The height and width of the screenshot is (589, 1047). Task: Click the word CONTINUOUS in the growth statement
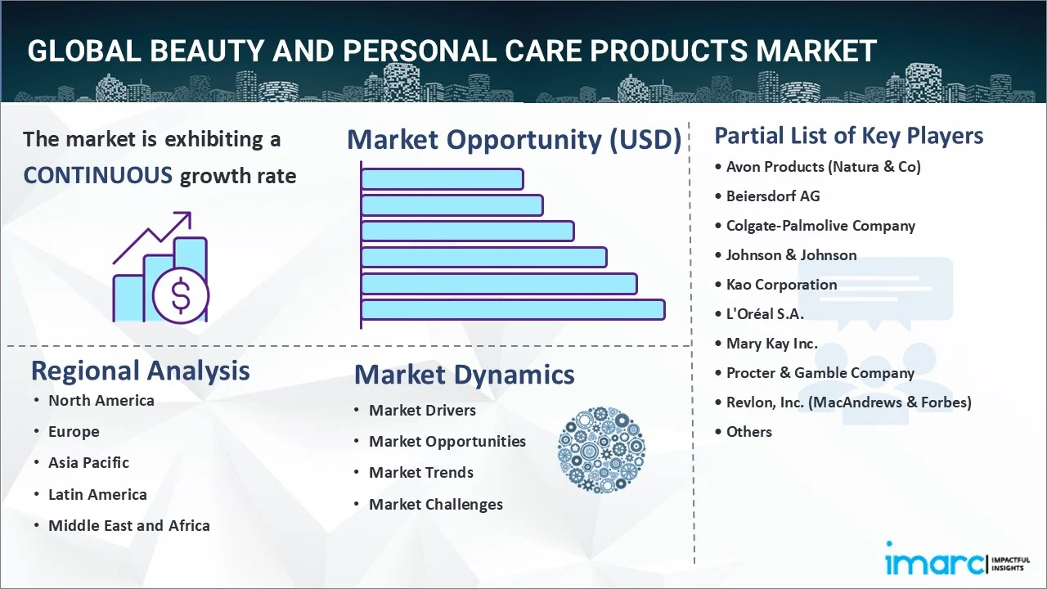tap(98, 176)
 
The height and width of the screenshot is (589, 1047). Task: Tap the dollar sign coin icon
tap(181, 296)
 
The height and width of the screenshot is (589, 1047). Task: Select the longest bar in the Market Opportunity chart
tap(513, 309)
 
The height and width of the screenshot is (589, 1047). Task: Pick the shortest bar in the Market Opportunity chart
tap(443, 179)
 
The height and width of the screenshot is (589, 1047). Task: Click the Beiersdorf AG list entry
tap(773, 196)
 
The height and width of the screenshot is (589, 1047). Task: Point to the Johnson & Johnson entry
tap(791, 255)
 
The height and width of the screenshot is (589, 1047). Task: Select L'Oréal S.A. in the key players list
tap(765, 313)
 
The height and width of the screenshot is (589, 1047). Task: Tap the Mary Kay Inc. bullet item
tap(771, 344)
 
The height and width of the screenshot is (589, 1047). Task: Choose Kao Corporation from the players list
tap(781, 285)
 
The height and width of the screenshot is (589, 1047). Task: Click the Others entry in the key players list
tap(748, 432)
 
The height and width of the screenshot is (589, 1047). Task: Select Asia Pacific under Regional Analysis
tap(89, 463)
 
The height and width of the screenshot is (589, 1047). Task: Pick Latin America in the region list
tap(97, 495)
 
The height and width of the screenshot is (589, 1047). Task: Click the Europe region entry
tap(74, 432)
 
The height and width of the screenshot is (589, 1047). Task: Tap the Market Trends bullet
tap(421, 473)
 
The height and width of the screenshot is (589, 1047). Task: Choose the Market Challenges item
tap(436, 505)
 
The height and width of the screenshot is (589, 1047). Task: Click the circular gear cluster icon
tap(601, 450)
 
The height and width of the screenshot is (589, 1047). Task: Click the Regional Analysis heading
tap(140, 371)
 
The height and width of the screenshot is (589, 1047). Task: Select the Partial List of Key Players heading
tap(849, 136)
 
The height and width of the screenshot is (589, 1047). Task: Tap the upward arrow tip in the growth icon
tap(191, 213)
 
